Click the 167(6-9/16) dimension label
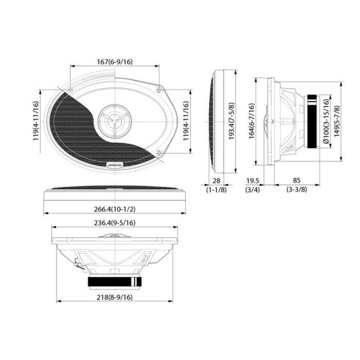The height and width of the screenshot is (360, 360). (x=115, y=62)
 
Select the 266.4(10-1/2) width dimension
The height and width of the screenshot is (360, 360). (x=115, y=209)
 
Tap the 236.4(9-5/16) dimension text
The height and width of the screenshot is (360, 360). (x=115, y=223)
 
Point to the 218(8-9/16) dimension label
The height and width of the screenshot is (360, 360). (x=115, y=297)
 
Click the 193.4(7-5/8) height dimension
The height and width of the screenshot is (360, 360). (x=232, y=121)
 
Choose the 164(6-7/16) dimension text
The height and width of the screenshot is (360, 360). (x=251, y=122)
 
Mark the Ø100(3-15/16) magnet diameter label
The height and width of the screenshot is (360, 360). (x=327, y=121)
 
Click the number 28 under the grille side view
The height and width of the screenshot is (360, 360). (x=216, y=181)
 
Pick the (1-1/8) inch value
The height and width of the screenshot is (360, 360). (x=216, y=190)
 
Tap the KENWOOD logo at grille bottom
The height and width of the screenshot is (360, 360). (x=114, y=165)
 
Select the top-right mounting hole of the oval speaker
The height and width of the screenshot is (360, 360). (x=161, y=89)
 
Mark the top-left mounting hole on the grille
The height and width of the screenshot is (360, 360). (x=70, y=89)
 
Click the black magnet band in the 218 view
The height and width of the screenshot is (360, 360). (x=115, y=281)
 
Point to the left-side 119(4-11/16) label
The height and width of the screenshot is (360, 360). (x=36, y=121)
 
